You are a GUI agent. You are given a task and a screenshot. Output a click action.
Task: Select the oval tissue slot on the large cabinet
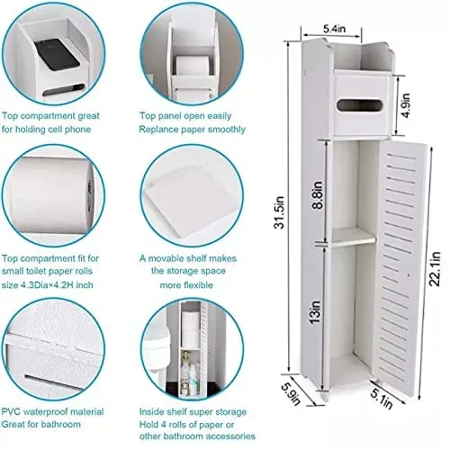351,110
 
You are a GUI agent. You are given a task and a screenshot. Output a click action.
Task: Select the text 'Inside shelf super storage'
190,412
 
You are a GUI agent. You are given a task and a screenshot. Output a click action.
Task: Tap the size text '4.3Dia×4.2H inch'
60,285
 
